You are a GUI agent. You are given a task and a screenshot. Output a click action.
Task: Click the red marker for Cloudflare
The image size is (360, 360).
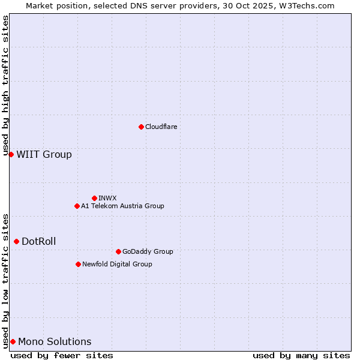[x=141, y=127]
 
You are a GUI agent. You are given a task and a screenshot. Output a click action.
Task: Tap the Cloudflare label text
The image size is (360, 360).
[x=161, y=127]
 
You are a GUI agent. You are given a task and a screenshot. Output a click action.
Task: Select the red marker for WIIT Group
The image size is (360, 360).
[x=11, y=154]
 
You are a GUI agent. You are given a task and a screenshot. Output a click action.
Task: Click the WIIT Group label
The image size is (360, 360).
[x=44, y=154]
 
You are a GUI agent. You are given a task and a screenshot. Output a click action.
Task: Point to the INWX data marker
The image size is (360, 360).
[x=94, y=198]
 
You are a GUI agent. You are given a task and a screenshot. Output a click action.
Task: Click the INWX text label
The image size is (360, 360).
[x=107, y=198]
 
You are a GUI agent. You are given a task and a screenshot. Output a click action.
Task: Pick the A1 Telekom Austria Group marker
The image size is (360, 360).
[x=77, y=206]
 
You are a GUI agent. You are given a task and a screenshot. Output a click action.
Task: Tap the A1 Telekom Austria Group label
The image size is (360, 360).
[x=122, y=206]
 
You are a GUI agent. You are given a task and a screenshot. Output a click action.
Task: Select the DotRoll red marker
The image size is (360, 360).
[x=16, y=241]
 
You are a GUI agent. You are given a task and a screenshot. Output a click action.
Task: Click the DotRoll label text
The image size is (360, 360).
[x=38, y=241]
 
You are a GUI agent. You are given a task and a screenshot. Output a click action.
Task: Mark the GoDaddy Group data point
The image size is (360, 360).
[x=118, y=251]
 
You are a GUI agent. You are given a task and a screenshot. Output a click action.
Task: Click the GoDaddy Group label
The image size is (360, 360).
[x=147, y=251]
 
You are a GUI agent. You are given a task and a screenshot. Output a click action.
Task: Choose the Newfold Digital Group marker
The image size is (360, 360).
[x=78, y=264]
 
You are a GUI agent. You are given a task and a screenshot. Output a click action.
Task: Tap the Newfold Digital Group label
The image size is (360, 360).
[x=117, y=264]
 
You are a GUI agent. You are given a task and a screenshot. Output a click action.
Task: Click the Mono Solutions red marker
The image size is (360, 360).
[x=13, y=341]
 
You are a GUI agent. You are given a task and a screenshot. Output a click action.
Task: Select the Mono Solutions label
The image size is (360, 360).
[x=55, y=341]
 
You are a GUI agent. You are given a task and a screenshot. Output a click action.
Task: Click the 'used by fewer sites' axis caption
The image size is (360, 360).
[x=62, y=355]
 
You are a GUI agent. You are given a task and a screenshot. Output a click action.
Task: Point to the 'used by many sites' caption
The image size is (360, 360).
[x=301, y=355]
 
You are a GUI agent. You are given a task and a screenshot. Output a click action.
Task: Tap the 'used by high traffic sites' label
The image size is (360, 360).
[x=5, y=86]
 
